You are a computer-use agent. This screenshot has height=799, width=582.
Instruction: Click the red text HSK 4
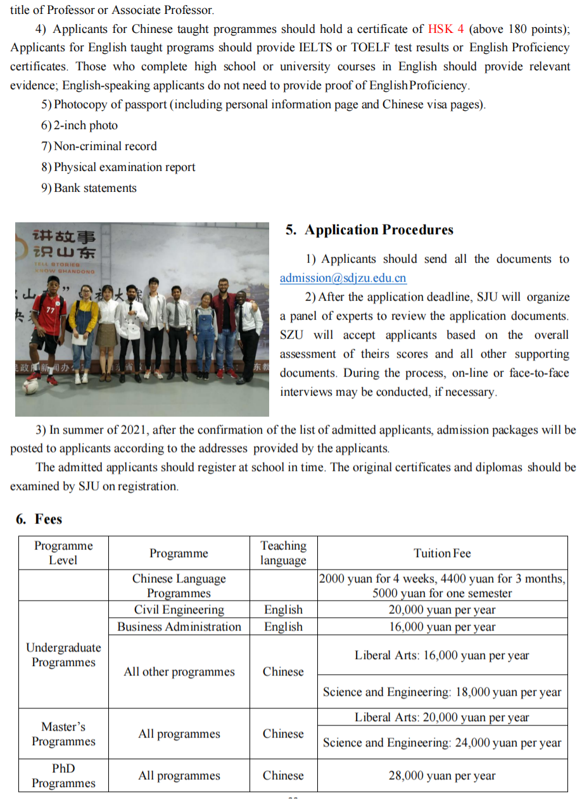point(446,29)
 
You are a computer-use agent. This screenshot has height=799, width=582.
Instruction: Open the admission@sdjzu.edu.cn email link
point(343,278)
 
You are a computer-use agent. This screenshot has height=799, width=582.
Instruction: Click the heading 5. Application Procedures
point(369,230)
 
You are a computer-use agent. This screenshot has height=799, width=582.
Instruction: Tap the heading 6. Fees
point(39,519)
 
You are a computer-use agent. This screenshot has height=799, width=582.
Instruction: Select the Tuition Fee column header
point(442,553)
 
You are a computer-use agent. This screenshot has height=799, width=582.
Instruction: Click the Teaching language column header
point(283,553)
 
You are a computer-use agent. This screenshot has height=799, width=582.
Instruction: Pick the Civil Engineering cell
point(179,610)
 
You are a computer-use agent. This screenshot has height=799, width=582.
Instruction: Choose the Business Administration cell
point(179,627)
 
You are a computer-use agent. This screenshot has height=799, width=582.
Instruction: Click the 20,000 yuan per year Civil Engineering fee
point(442,610)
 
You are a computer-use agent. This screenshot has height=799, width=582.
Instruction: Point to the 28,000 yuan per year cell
point(442,776)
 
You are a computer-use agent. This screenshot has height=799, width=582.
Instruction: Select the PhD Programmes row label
point(63,776)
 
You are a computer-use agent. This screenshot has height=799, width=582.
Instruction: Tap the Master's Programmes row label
point(63,734)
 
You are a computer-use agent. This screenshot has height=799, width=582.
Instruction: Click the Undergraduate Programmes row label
point(63,655)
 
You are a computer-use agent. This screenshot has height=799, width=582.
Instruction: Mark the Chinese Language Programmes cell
point(179,585)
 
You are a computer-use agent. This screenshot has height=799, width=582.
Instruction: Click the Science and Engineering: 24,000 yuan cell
point(442,743)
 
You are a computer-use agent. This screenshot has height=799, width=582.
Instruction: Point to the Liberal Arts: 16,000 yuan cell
point(442,655)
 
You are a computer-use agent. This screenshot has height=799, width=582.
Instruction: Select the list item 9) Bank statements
point(89,188)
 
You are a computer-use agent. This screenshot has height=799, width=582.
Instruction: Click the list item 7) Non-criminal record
point(99,146)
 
